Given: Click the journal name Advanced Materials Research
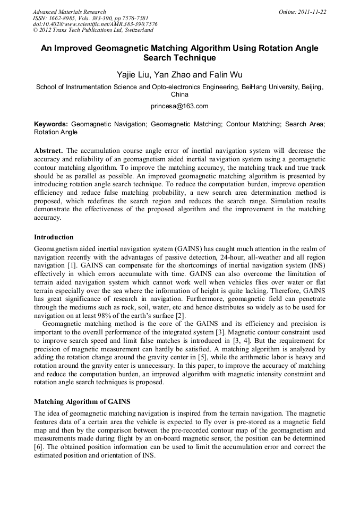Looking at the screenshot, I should coord(69,12).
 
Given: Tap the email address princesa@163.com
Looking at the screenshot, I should coord(179,106).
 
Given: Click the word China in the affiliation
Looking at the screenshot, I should coord(179,94).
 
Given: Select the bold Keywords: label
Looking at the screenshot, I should coord(51,124).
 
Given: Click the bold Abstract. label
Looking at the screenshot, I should coord(49,151).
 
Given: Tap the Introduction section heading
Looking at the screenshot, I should coord(54,237).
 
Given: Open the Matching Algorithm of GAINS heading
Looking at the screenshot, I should coord(82,402).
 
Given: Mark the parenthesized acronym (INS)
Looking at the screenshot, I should coord(316,264).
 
